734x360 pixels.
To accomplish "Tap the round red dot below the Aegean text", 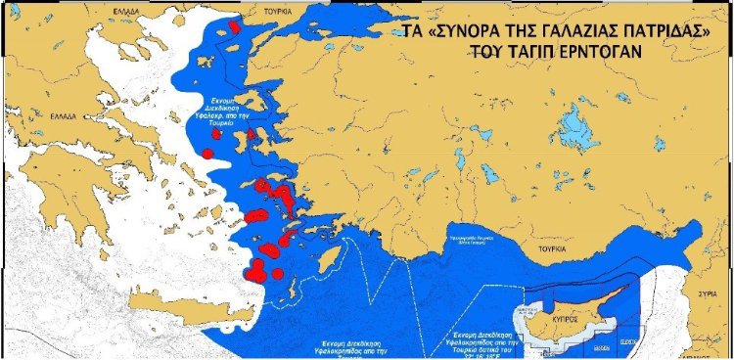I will pos(207,153).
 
